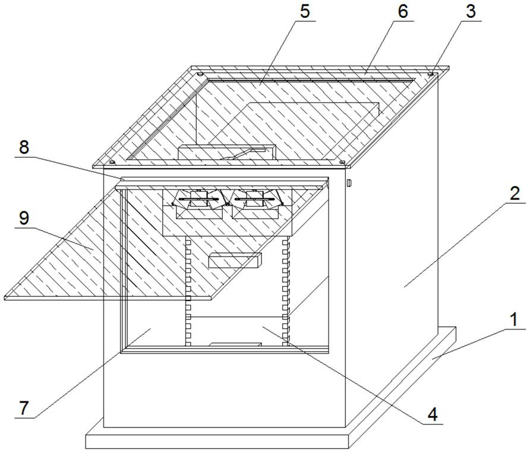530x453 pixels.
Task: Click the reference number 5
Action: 304,11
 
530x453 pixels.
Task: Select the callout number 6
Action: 403,12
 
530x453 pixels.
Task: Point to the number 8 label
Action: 24,147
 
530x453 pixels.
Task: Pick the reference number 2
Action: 515,193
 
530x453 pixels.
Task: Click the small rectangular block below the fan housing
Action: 235,259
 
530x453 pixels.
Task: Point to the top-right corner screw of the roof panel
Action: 431,74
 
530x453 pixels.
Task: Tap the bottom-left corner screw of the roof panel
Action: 111,161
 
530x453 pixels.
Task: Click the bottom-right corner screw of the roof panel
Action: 342,161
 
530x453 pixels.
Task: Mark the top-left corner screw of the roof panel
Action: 200,74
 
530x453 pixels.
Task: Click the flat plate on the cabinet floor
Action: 235,344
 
